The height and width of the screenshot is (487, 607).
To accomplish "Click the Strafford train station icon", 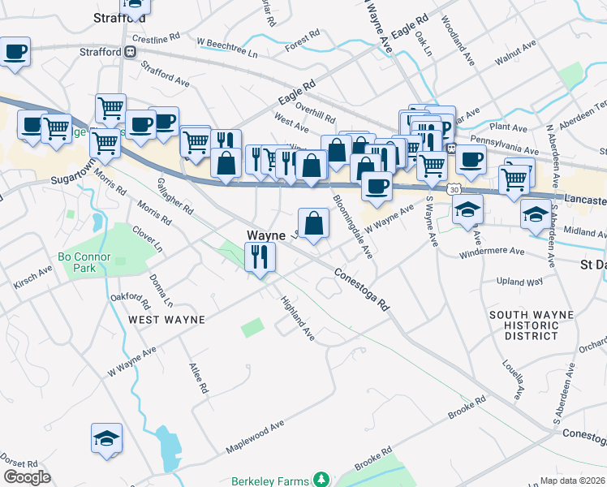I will tap(130, 52).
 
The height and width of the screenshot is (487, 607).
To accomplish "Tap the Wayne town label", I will tap(265, 235).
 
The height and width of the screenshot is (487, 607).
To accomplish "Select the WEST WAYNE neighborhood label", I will tap(166, 320).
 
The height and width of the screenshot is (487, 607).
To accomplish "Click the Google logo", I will tap(27, 476).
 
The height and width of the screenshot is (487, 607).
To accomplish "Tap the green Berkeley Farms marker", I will tap(322, 481).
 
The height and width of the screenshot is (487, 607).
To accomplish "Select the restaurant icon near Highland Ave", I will tap(260, 257).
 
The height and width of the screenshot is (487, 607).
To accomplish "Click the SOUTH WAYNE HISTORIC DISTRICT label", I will tap(532, 325).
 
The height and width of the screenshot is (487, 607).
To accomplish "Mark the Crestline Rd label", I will tap(156, 38).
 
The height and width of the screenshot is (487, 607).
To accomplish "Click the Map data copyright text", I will tap(573, 480).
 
